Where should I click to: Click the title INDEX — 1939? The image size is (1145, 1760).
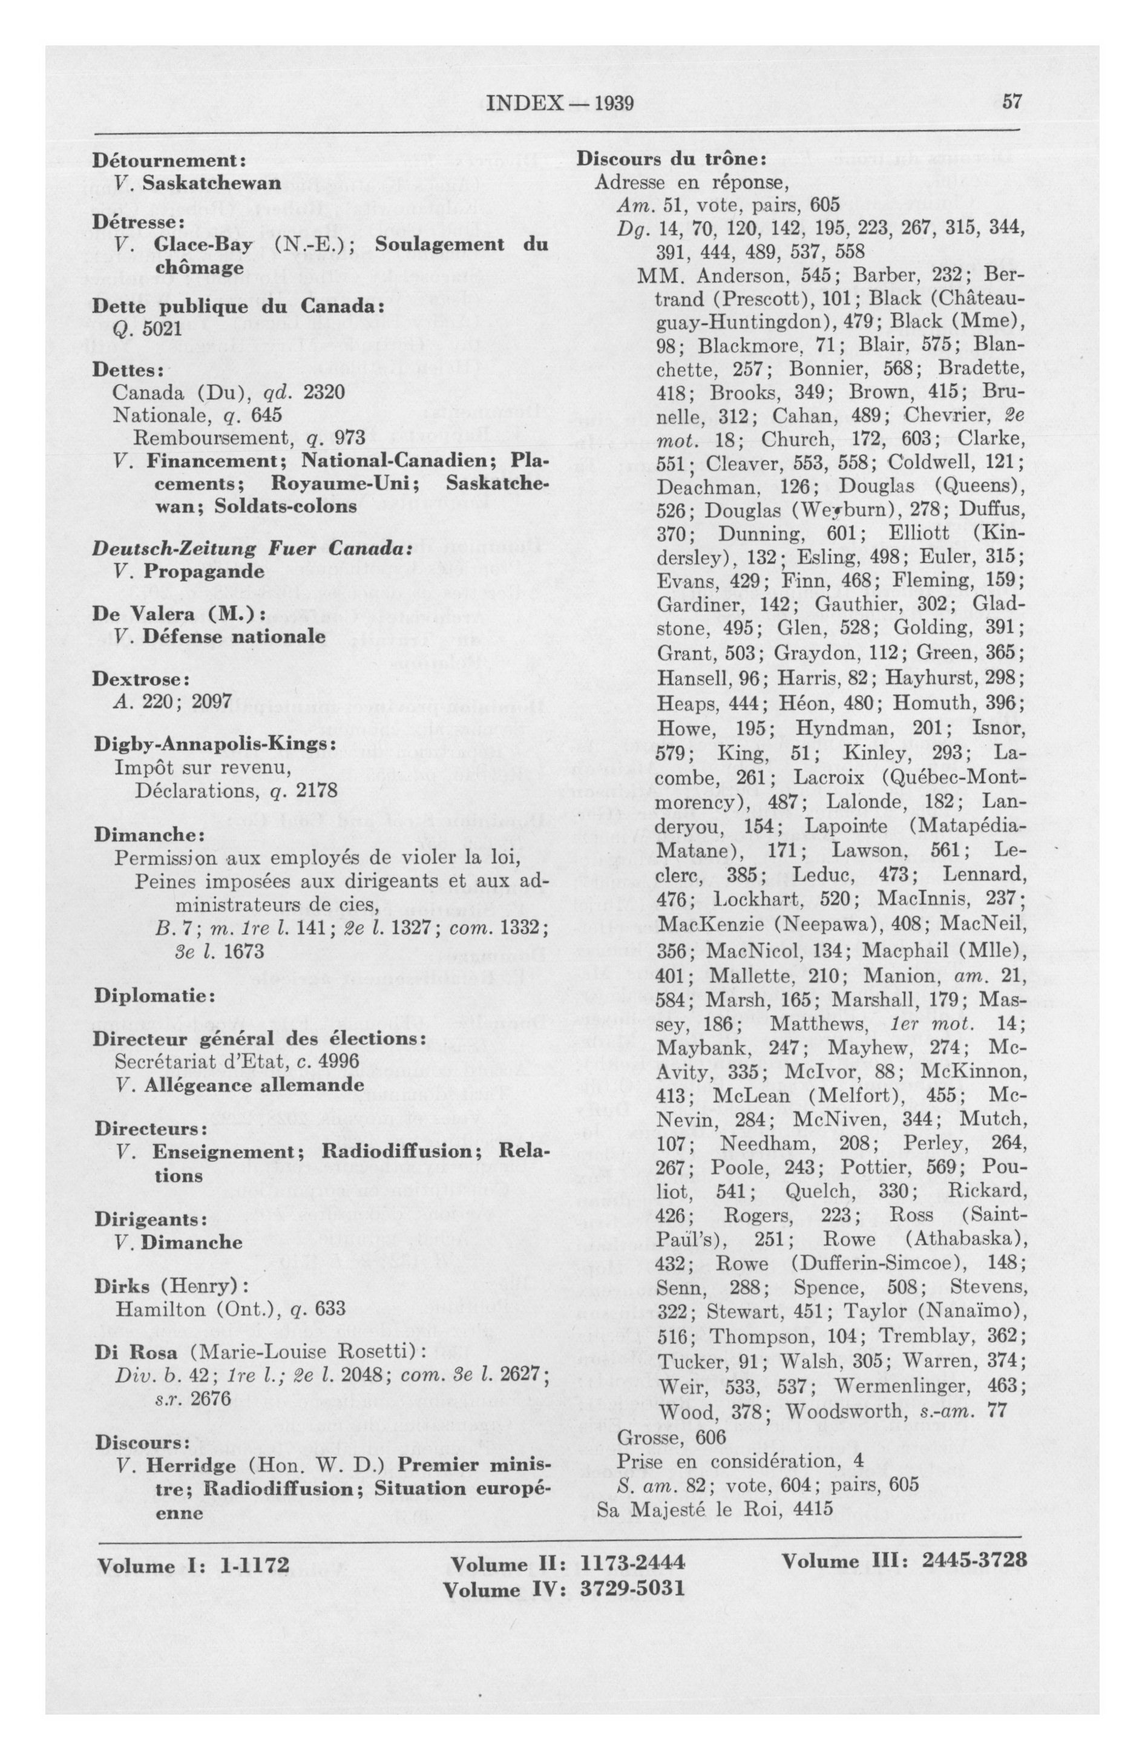click(562, 103)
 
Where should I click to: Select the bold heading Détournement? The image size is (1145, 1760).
click(169, 160)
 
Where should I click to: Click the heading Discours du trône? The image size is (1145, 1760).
click(666, 160)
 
